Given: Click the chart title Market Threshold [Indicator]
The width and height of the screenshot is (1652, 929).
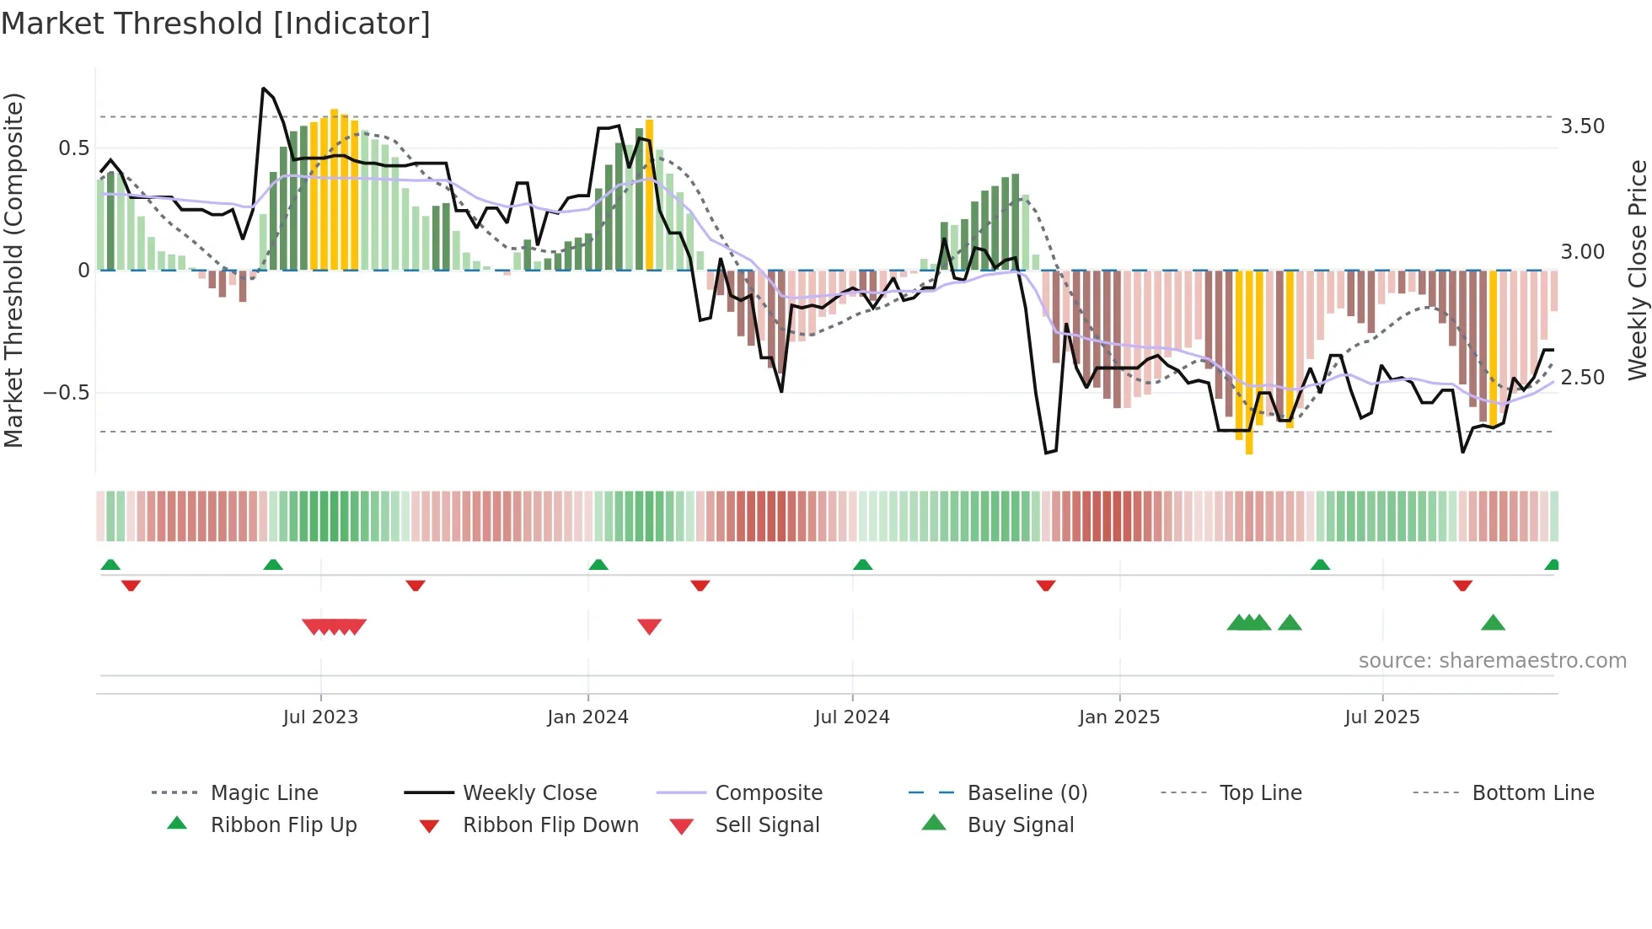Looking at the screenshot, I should tap(216, 24).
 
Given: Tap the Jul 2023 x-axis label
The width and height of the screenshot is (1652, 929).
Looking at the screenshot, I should tap(320, 717).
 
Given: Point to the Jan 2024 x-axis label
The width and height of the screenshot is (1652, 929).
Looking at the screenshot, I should tap(587, 717).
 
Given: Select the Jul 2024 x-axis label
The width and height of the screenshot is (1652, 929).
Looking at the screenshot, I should tap(851, 717).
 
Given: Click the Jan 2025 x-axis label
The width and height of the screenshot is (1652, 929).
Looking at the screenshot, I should tap(1118, 717).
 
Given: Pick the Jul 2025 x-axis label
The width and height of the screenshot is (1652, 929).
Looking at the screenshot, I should tap(1381, 717).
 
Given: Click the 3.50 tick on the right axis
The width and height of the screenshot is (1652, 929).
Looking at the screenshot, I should tap(1582, 126).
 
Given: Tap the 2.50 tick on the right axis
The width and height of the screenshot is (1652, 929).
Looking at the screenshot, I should tap(1582, 378).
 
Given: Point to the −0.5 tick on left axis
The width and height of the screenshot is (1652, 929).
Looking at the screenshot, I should tap(66, 393).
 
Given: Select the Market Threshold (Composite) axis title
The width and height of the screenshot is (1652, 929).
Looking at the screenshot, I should tap(13, 270).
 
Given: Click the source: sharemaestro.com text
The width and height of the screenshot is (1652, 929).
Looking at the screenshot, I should tap(1492, 661).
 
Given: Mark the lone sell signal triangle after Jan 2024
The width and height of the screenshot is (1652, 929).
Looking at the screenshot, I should tap(649, 626).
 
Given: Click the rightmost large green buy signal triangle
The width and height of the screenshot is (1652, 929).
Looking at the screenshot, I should tap(1493, 623).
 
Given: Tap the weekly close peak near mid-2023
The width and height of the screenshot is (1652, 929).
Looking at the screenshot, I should tap(264, 88).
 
